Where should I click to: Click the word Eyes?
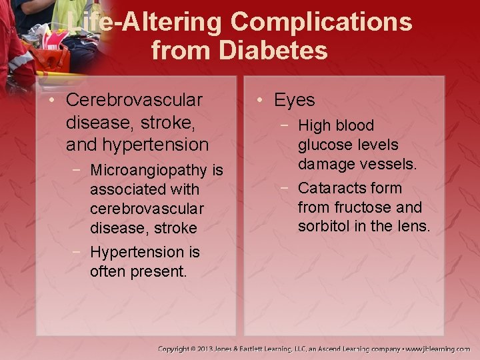(x=294, y=101)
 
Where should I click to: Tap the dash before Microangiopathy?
(x=77, y=171)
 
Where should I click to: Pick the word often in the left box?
(x=107, y=272)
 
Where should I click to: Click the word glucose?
(x=325, y=145)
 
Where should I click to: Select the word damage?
(x=327, y=164)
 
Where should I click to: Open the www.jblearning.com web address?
(x=438, y=349)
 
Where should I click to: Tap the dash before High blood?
(x=285, y=125)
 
